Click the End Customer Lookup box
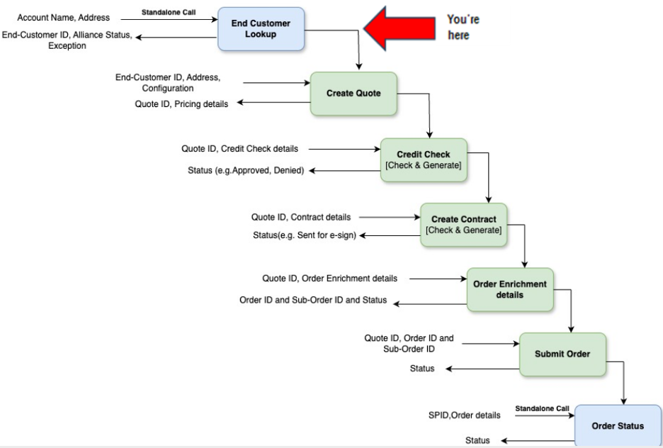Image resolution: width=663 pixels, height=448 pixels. tap(261, 29)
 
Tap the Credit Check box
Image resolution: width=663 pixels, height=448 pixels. tap(424, 159)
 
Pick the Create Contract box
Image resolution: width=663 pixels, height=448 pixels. tap(463, 224)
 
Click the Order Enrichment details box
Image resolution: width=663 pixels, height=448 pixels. tap(509, 289)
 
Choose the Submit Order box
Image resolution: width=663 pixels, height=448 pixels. tap(562, 354)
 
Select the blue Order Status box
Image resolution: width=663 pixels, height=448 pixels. tap(617, 425)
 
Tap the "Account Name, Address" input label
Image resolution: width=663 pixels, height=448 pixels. tap(63, 17)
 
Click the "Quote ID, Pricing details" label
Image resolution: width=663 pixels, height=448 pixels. tap(181, 103)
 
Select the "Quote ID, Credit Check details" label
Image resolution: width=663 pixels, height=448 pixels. tap(240, 149)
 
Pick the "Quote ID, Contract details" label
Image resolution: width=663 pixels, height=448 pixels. tap(306, 217)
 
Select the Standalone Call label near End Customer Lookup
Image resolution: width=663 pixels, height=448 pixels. tap(169, 11)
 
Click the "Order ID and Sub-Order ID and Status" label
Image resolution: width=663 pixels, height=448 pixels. tap(313, 300)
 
